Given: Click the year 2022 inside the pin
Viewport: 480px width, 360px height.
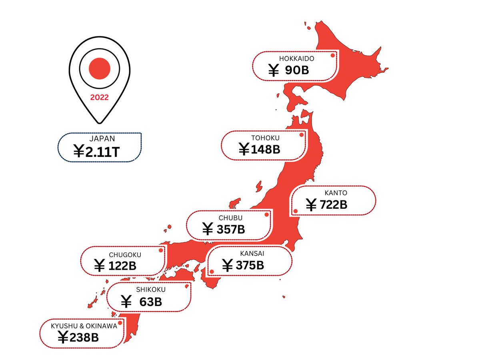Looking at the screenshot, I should [x=99, y=98].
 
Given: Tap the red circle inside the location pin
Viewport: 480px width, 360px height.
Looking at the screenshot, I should [x=99, y=68].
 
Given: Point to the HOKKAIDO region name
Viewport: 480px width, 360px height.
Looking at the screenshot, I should [x=297, y=58].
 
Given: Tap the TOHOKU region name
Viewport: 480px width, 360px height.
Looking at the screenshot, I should [x=266, y=138].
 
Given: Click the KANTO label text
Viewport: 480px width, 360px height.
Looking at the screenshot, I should [x=334, y=193].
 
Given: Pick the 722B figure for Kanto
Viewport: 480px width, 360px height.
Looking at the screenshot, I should [x=334, y=205].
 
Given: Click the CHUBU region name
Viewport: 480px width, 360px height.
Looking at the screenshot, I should [x=230, y=218].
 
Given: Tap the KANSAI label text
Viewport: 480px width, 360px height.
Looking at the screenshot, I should [x=252, y=253].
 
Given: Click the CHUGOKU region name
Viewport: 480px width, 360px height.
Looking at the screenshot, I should [x=125, y=254].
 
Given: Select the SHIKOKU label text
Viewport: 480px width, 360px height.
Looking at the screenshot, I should [x=150, y=290].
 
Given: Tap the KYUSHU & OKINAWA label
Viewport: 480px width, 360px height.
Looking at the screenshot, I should [x=84, y=326].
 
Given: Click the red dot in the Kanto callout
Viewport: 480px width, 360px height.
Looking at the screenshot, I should [x=296, y=211].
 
